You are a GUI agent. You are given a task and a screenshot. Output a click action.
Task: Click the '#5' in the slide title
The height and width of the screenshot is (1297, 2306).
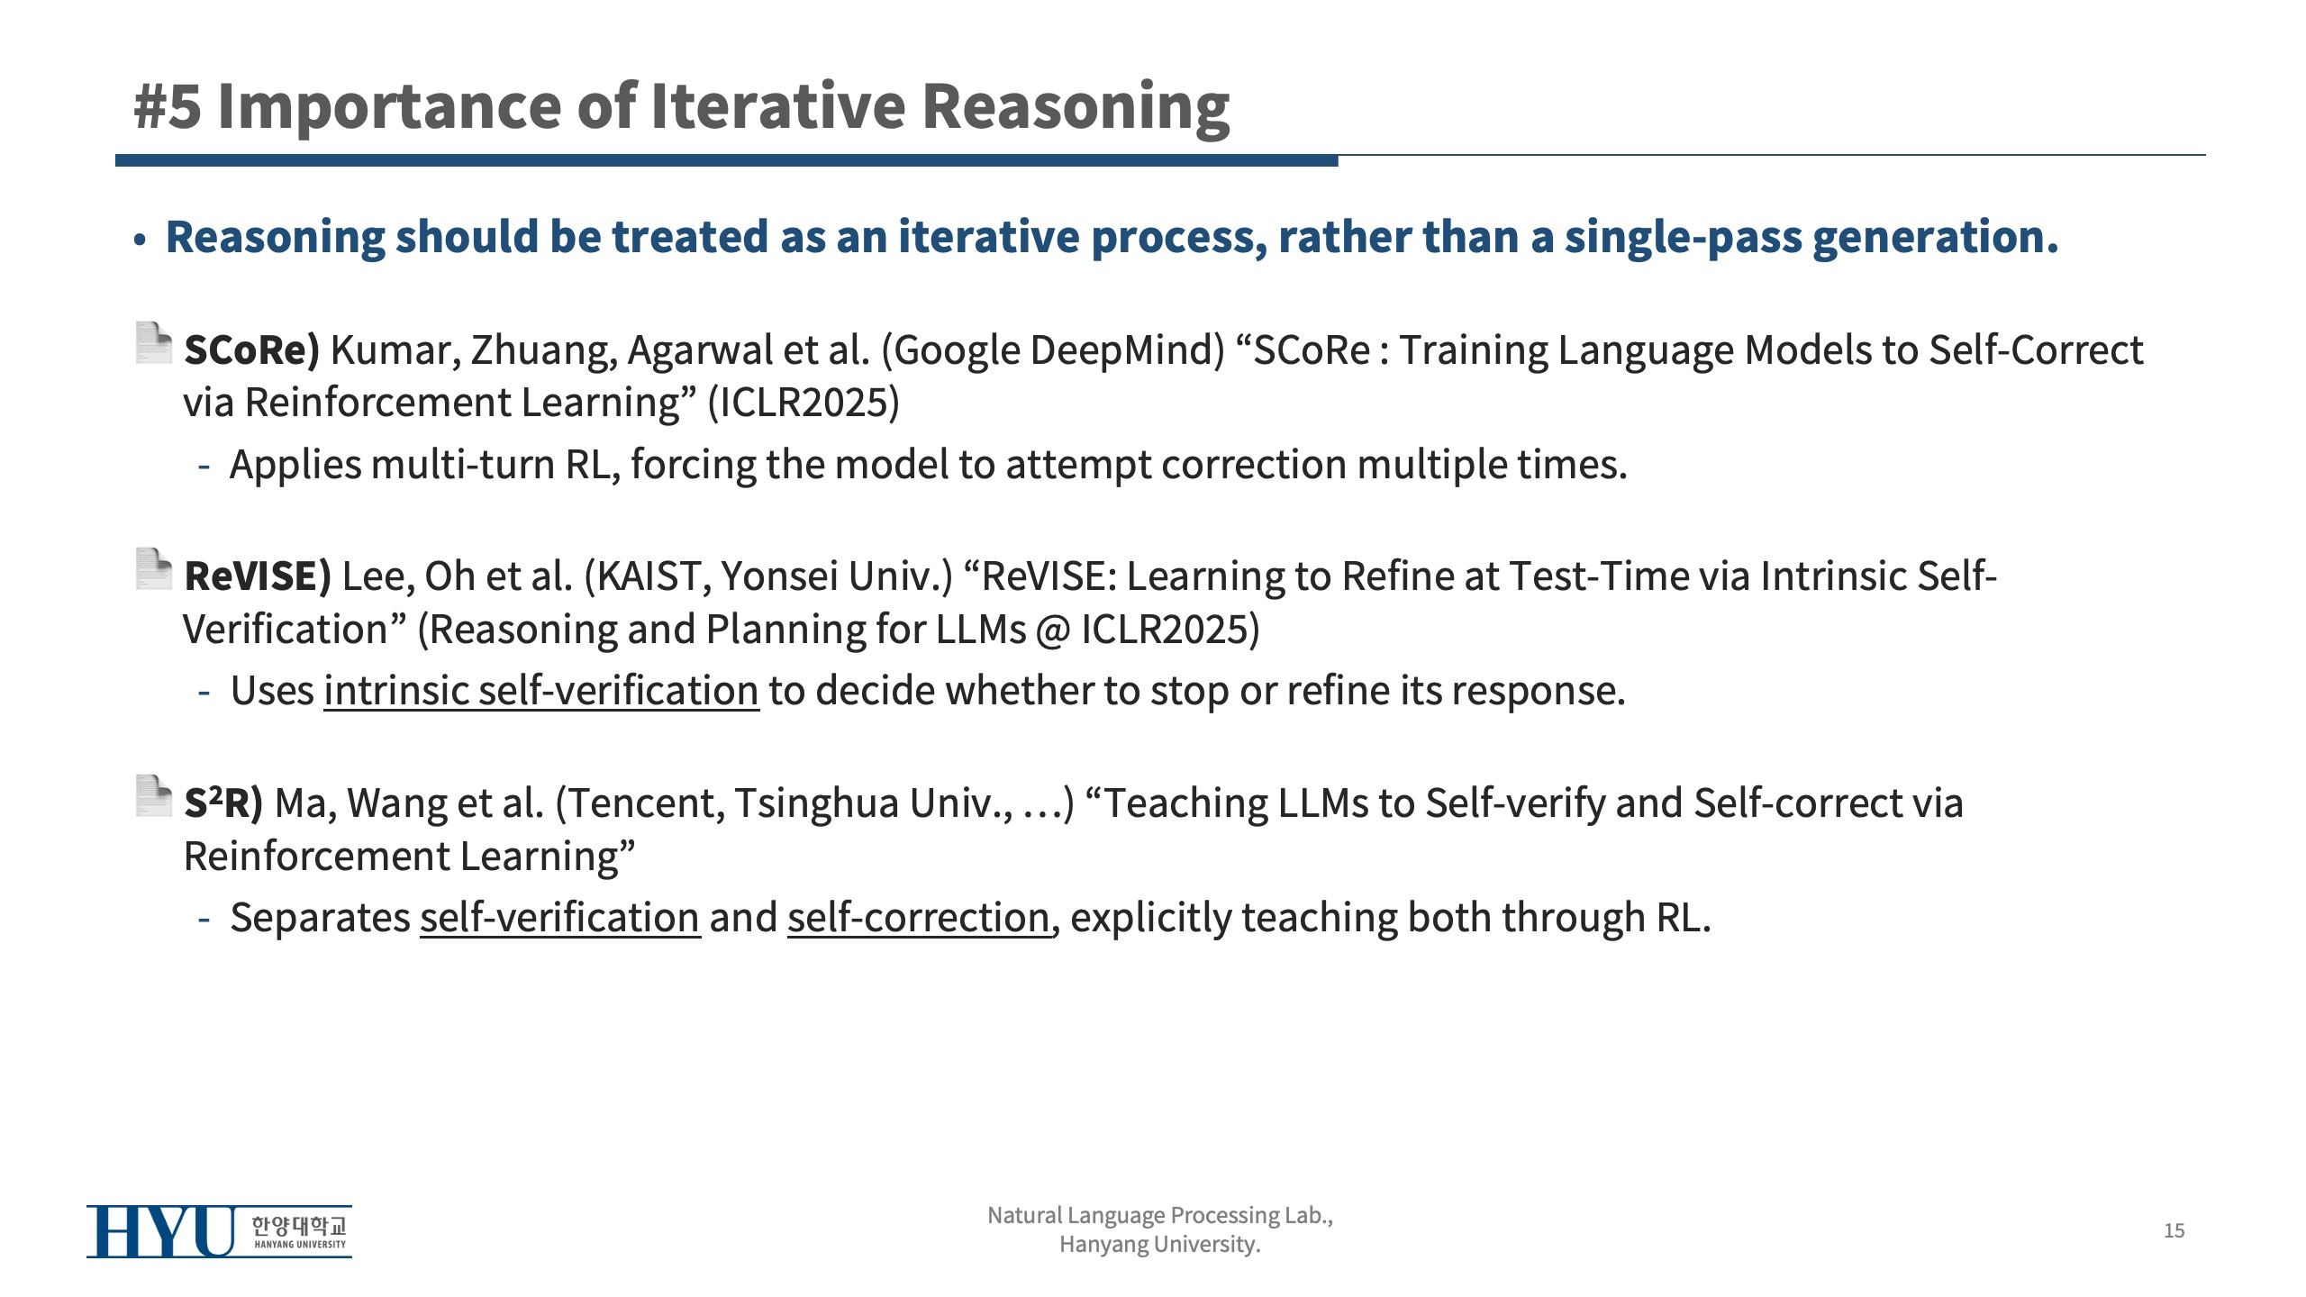168,106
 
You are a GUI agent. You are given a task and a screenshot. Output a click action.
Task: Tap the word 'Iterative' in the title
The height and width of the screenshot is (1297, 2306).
777,106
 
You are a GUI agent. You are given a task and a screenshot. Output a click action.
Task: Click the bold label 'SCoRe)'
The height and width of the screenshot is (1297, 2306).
252,349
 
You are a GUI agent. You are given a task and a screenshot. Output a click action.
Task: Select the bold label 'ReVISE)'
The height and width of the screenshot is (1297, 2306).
258,576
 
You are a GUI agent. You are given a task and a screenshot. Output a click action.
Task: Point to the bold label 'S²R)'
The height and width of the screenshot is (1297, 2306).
223,803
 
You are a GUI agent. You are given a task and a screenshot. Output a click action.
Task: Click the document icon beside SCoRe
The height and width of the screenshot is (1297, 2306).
153,343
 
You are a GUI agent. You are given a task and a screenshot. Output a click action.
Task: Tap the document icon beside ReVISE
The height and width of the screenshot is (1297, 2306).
153,569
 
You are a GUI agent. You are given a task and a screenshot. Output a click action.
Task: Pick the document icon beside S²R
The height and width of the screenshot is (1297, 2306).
153,796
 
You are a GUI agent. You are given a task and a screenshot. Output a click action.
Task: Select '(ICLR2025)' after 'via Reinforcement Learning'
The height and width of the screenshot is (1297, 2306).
803,403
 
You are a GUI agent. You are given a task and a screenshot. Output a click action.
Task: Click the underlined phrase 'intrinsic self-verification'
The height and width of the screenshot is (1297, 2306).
541,691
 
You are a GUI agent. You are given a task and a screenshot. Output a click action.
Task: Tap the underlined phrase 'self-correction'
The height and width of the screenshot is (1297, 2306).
919,918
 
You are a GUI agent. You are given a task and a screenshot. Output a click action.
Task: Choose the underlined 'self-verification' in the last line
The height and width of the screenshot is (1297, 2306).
560,918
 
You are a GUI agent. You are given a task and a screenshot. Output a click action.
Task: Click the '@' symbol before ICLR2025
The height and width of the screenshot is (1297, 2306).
1053,630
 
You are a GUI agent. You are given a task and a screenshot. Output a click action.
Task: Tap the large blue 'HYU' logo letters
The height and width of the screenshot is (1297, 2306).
162,1231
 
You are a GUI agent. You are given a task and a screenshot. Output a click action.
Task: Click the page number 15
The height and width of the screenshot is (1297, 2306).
2174,1230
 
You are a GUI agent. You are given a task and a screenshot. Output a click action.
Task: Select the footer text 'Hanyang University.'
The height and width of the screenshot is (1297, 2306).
1160,1245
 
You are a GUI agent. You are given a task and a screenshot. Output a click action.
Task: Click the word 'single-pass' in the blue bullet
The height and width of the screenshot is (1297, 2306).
1683,237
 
